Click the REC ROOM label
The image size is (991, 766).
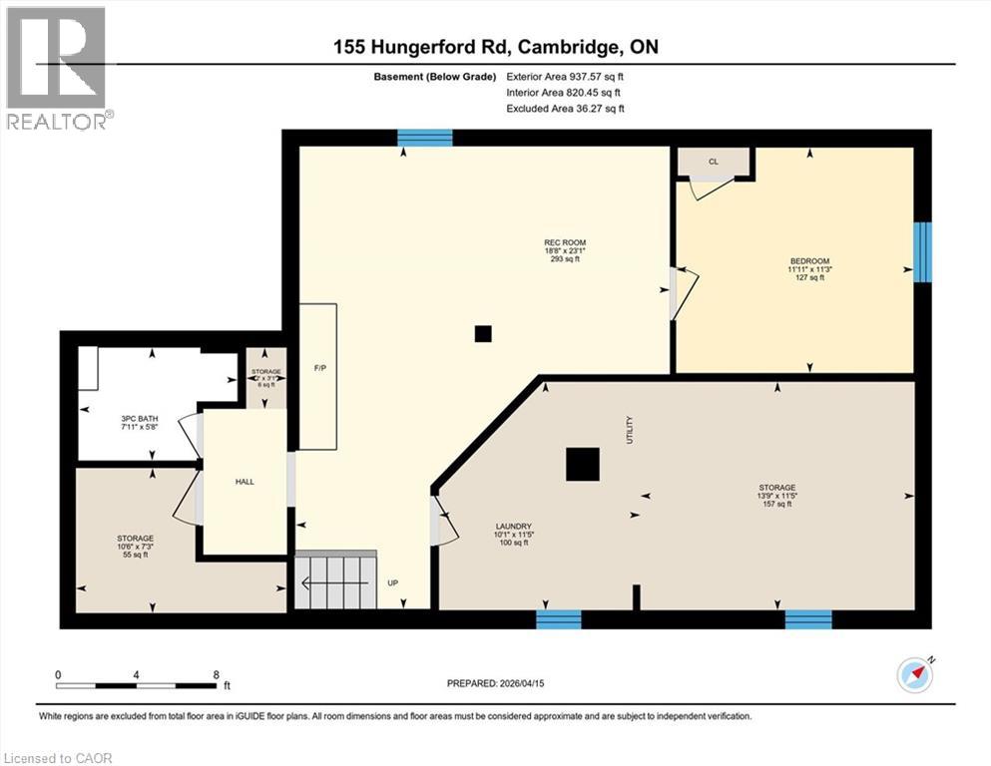564,242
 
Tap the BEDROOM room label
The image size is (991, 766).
809,261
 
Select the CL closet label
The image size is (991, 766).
713,160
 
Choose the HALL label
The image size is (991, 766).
245,482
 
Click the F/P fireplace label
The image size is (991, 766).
320,368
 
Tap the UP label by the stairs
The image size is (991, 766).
394,581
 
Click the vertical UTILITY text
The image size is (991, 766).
629,431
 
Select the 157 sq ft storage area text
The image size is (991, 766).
775,504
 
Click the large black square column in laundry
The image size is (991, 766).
582,465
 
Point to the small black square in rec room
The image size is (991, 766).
483,334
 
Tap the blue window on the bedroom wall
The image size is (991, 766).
923,251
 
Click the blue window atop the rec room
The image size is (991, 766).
425,139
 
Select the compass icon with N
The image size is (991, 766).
914,675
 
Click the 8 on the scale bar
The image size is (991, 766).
216,674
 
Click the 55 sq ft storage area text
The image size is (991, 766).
134,555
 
